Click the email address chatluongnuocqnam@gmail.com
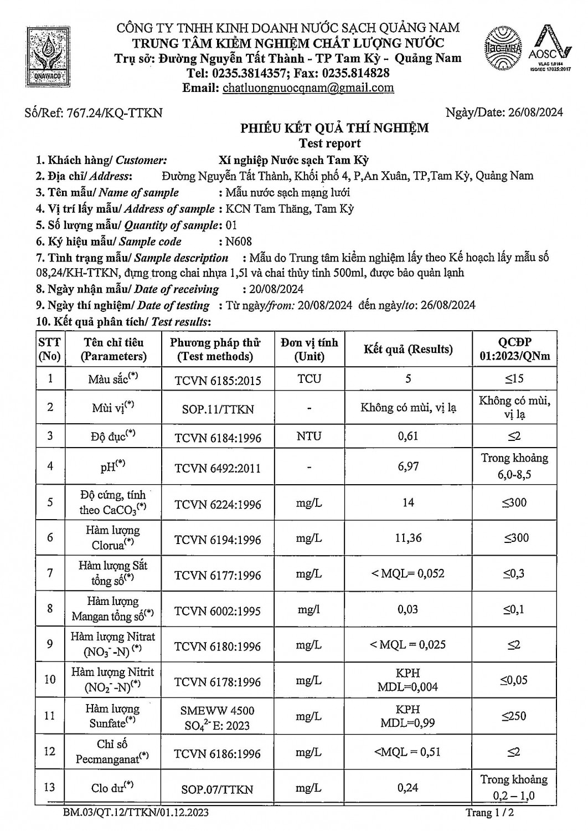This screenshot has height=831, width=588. [x=308, y=88]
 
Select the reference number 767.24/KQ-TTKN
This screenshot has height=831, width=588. [x=114, y=113]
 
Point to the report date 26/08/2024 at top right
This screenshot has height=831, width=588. [x=535, y=112]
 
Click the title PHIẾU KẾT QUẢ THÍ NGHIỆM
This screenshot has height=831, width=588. [x=334, y=129]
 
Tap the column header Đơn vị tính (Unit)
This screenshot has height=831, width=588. [x=309, y=350]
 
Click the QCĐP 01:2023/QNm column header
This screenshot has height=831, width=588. [x=514, y=350]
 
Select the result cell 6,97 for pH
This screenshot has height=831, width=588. [x=408, y=466]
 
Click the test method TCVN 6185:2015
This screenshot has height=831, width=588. [x=218, y=381]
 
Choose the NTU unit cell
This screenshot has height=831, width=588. [x=309, y=436]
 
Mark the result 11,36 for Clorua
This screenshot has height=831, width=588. [x=408, y=538]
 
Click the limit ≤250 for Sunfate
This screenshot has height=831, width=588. [x=514, y=716]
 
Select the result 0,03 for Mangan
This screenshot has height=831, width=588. [x=408, y=609]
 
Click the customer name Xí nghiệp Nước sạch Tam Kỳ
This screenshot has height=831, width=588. [x=294, y=161]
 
